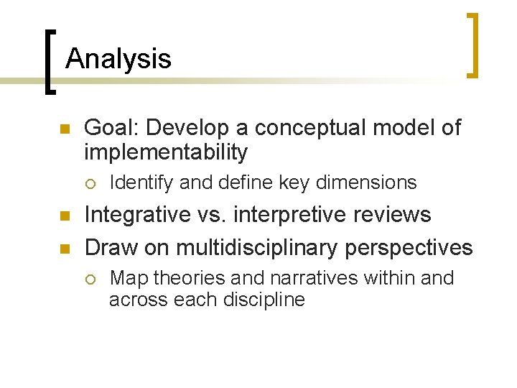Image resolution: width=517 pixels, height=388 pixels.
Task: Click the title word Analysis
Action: pyautogui.click(x=118, y=58)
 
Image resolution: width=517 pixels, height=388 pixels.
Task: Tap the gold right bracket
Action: pyautogui.click(x=472, y=45)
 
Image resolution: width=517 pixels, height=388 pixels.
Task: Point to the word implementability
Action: pyautogui.click(x=166, y=152)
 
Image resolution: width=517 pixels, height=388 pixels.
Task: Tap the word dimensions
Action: pyautogui.click(x=366, y=183)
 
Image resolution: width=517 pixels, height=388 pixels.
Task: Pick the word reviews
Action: pyautogui.click(x=391, y=215)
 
